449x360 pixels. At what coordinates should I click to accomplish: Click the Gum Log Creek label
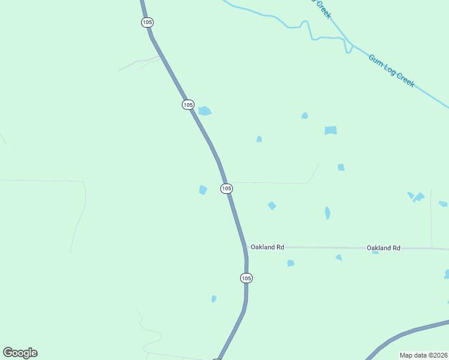pos(391,71)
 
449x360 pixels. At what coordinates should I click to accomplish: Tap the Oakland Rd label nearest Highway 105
pos(267,247)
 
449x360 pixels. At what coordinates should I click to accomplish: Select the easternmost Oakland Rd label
pos(384,248)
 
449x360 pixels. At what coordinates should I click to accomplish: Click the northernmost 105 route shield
pos(148,22)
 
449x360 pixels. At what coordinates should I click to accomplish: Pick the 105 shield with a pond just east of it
pos(188,104)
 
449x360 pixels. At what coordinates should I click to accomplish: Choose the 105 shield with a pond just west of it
pos(226,188)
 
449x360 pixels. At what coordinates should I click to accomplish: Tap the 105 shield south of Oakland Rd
pos(246,278)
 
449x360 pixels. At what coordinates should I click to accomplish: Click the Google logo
pos(20,353)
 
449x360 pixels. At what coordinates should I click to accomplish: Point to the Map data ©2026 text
pos(424,355)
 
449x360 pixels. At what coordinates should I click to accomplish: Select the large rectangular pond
pos(331,130)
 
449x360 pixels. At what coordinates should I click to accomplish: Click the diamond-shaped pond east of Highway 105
pos(272,206)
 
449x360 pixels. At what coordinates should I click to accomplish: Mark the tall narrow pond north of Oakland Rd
pos(327,213)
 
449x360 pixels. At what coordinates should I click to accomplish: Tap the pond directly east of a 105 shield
pos(205,111)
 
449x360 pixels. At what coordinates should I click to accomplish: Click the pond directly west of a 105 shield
pos(203,190)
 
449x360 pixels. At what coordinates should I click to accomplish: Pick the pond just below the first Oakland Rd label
pos(291,263)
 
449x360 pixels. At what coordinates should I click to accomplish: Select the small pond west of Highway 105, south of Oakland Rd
pos(214,299)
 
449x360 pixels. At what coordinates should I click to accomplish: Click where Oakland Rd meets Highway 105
pos(245,247)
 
